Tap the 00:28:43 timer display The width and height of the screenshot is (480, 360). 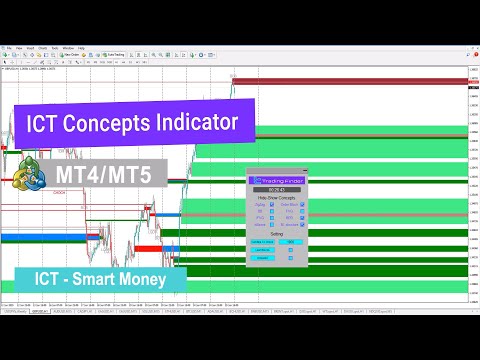coord(274,188)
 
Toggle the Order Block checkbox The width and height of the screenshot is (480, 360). coord(303,205)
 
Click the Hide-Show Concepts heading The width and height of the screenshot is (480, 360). coord(275,197)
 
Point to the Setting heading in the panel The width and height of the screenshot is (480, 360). coord(275,233)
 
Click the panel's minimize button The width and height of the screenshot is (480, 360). coord(305,170)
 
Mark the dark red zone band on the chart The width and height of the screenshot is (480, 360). coord(350,83)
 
